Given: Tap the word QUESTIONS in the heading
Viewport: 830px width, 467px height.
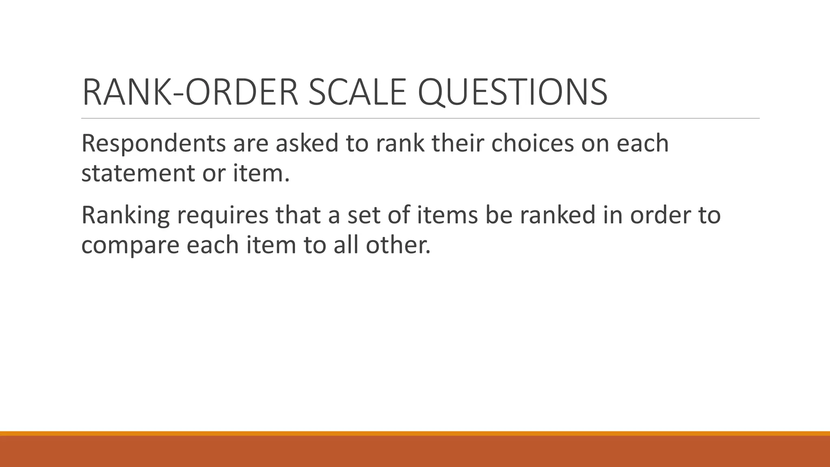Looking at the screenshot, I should [512, 92].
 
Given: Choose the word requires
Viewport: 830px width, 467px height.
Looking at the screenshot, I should [222, 216].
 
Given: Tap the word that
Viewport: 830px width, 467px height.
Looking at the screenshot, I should [298, 215].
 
